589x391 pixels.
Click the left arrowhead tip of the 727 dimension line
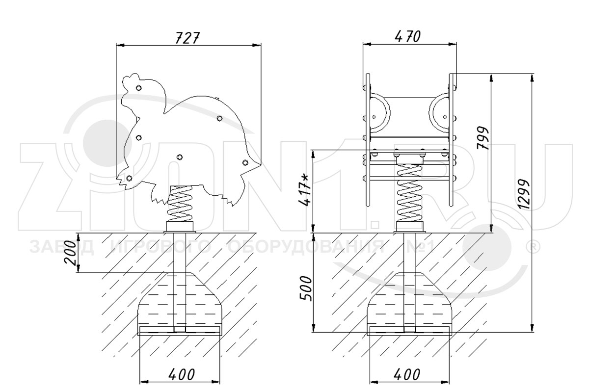(116, 45)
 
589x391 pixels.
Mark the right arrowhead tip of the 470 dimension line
(456, 44)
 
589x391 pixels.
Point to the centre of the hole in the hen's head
(139, 88)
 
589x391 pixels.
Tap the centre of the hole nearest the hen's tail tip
(245, 163)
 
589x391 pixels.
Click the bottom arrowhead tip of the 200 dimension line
(78, 272)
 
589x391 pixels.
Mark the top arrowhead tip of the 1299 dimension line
(532, 74)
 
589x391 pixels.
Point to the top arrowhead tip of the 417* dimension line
(313, 150)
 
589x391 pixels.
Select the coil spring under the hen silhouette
(180, 204)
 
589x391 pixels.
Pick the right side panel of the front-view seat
(451, 140)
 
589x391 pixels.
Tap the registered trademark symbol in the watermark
(532, 248)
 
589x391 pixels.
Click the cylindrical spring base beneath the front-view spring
(410, 226)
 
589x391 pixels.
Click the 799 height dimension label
(483, 138)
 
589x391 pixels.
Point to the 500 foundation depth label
(306, 288)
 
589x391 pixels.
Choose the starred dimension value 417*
(305, 189)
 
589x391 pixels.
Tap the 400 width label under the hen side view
(182, 374)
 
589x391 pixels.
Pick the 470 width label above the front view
(408, 37)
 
